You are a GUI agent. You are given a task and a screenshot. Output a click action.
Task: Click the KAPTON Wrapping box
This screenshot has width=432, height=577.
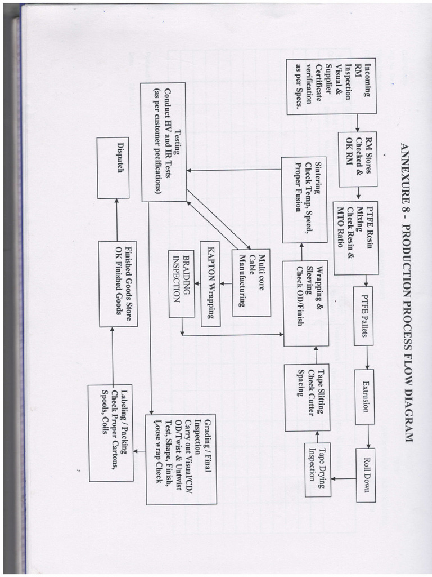coord(210,283)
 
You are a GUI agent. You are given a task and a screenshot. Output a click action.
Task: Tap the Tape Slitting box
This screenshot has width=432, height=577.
coord(307,397)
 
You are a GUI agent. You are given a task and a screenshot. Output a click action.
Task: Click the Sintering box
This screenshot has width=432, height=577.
coord(304,185)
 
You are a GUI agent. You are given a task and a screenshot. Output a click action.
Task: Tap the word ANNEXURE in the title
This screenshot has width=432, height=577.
coord(407,175)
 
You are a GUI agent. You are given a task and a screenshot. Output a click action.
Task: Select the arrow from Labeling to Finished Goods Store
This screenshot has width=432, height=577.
coord(114,356)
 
